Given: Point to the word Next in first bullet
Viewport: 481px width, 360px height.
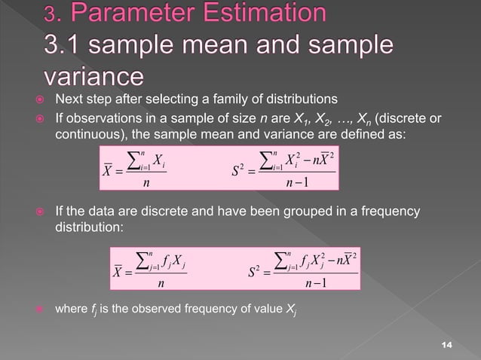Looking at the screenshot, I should pyautogui.click(x=70, y=100).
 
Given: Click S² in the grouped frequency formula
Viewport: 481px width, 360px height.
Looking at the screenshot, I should pyautogui.click(x=256, y=270).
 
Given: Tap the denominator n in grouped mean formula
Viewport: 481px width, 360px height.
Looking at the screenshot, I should pyautogui.click(x=159, y=284).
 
